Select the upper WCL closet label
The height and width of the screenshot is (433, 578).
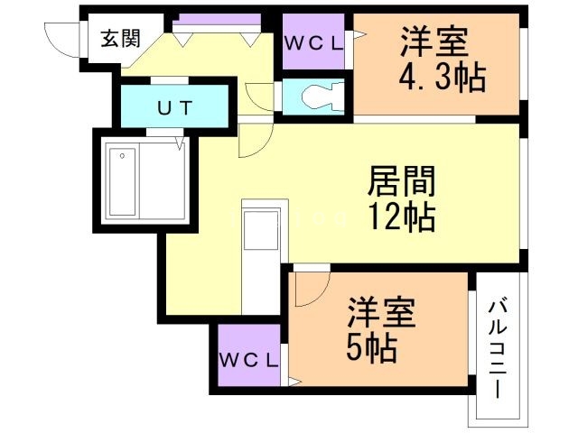(312, 42)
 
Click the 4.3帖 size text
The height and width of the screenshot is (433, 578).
(443, 78)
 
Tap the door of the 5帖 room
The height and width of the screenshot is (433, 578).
(307, 287)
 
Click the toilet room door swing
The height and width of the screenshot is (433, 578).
(260, 96)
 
